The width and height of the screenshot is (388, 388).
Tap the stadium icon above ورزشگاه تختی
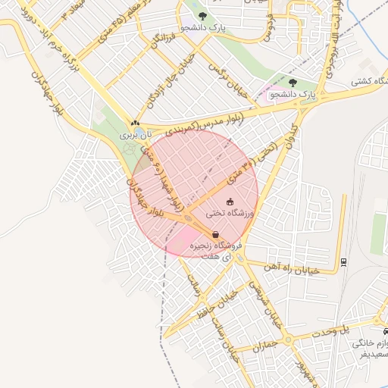230,202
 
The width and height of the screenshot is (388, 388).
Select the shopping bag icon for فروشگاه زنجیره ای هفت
216,235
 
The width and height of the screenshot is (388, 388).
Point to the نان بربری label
139,133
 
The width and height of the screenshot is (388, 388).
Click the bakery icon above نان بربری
135,123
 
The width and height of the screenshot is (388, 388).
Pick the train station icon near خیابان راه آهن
345,261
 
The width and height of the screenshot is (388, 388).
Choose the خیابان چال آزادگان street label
181,73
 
